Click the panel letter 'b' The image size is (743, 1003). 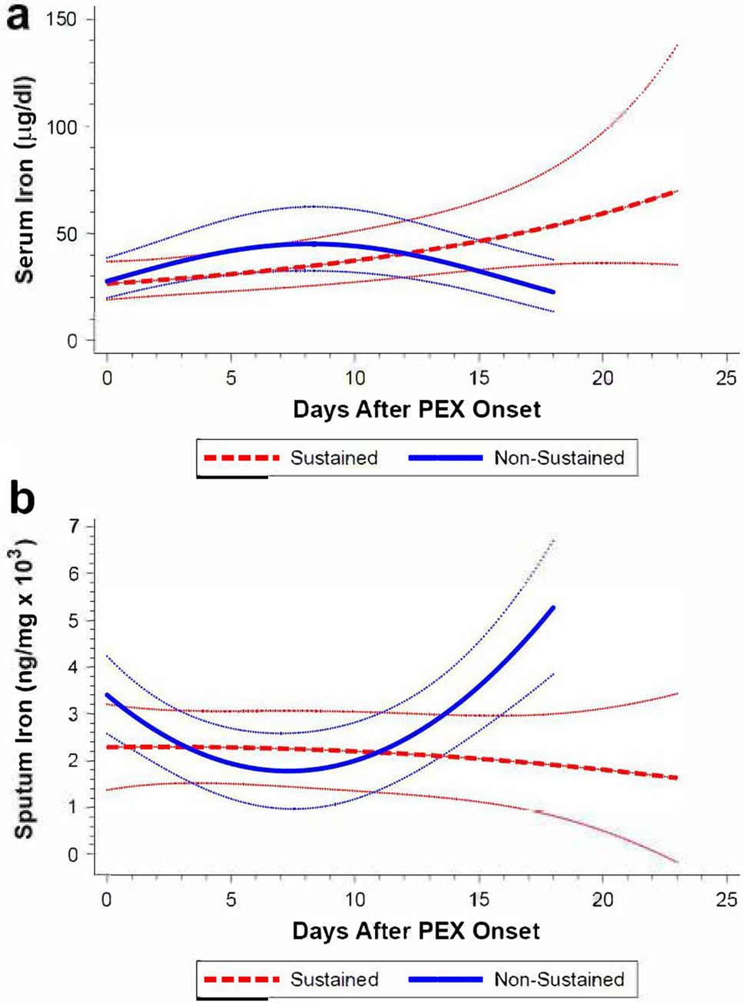tap(21, 499)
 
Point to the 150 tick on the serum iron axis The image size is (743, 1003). tap(62, 18)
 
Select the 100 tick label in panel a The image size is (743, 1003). tap(62, 127)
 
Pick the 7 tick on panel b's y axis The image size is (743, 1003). tap(74, 527)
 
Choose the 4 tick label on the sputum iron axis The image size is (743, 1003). tap(74, 667)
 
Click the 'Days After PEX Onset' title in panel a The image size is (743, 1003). tap(416, 409)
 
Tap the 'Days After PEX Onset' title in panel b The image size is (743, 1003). tap(416, 932)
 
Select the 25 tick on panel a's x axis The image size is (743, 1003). tap(726, 379)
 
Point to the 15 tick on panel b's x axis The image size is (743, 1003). tap(479, 899)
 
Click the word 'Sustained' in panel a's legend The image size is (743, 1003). tap(334, 458)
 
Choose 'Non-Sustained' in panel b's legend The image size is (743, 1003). tap(559, 980)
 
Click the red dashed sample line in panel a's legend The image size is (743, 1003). tap(241, 458)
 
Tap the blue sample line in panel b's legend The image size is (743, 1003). tap(446, 980)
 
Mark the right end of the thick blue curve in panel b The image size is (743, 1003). tap(552, 608)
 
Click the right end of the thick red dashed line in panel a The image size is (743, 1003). tap(676, 191)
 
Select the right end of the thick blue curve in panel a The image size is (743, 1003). tap(552, 292)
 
